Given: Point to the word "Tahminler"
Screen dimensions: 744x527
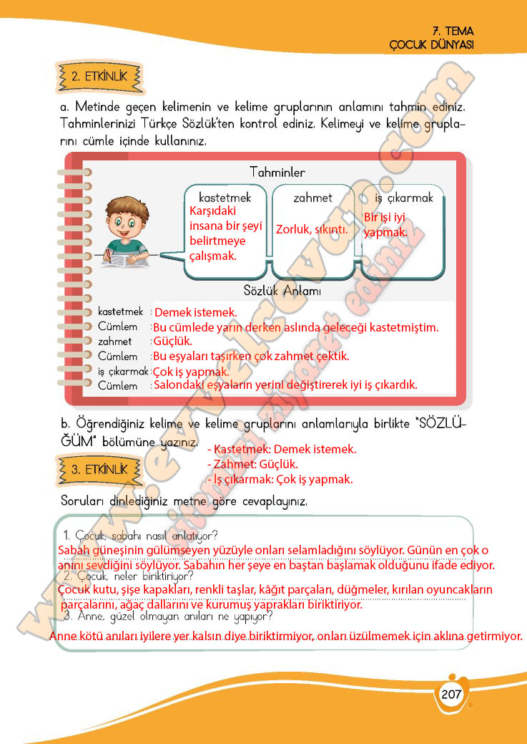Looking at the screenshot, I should (x=277, y=173).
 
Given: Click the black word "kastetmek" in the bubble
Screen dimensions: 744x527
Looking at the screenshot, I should (x=225, y=198).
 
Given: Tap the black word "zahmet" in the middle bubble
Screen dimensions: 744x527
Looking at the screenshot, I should (x=312, y=198).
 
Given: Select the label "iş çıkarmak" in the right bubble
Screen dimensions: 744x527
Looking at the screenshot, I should (x=404, y=198).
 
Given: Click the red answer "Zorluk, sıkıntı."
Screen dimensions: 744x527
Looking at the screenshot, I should (x=312, y=230).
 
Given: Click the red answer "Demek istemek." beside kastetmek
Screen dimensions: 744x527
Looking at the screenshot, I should (x=195, y=312).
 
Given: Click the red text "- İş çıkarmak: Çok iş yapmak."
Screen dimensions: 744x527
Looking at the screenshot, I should (x=279, y=479).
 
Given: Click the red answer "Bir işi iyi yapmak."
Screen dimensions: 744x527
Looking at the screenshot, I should (x=386, y=224).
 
